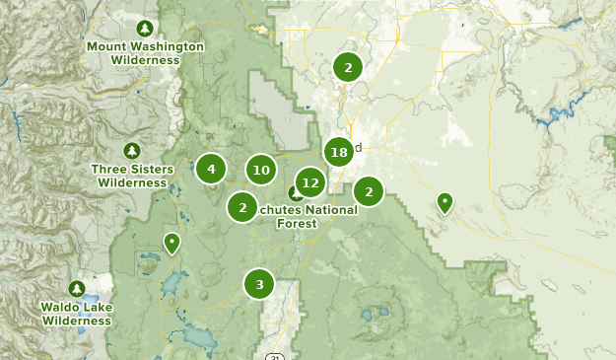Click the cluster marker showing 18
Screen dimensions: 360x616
[x=339, y=152]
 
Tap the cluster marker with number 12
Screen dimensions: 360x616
[x=310, y=182]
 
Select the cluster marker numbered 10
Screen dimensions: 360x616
[x=261, y=170]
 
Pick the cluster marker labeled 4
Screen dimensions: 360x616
[x=211, y=169]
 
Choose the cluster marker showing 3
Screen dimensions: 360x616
[x=259, y=284]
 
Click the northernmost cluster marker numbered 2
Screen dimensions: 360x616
[x=347, y=67]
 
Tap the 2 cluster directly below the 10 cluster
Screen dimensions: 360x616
[x=242, y=207]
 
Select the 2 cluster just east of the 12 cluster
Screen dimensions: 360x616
[x=369, y=191]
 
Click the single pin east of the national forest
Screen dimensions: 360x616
[x=445, y=203]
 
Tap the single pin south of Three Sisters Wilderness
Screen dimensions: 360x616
[x=172, y=242]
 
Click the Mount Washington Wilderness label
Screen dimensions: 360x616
[x=145, y=53]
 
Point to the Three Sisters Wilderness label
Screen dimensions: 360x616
[x=131, y=176]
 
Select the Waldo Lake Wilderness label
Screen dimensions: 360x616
[x=77, y=314]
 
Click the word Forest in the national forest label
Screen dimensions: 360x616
[x=297, y=224]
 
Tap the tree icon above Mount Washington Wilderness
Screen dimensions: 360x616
[x=145, y=28]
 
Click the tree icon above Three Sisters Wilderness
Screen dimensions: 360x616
[x=131, y=150]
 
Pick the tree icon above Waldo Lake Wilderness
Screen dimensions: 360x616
[x=77, y=289]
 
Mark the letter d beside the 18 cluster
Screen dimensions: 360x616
[x=358, y=148]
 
